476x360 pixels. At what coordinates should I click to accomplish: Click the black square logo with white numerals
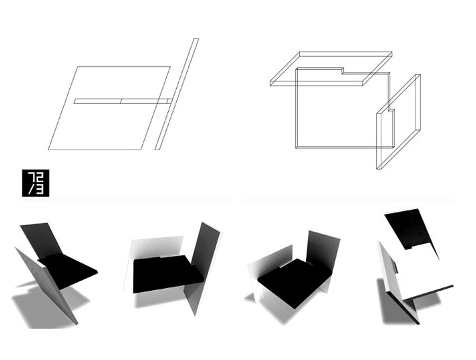click(35, 183)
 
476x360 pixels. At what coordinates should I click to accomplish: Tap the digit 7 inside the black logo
click(31, 177)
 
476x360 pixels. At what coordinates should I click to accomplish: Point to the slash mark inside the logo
click(31, 189)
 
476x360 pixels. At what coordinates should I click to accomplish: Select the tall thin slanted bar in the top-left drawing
click(177, 94)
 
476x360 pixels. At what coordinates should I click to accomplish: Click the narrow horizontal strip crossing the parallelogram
click(123, 101)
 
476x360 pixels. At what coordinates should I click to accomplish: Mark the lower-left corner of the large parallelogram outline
click(49, 150)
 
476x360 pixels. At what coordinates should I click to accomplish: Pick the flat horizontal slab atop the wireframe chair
click(331, 69)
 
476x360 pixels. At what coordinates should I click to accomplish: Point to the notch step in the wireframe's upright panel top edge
click(342, 71)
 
